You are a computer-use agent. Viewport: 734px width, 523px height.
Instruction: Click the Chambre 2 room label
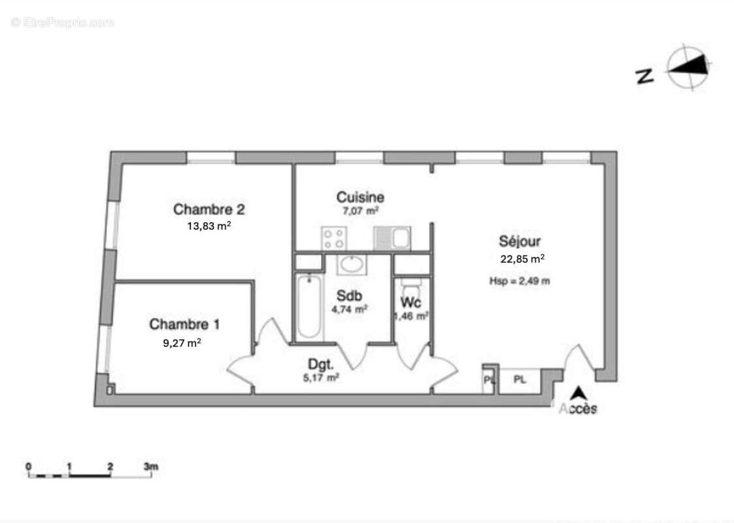pos(209,210)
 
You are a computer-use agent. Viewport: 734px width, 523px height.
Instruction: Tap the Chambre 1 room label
pos(184,324)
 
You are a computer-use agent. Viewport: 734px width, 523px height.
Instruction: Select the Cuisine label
pos(360,197)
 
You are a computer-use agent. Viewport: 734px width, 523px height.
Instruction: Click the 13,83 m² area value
pos(209,226)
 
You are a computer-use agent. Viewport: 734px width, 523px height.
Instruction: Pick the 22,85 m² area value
pos(522,258)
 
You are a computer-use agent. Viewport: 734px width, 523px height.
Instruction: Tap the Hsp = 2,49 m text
pos(520,281)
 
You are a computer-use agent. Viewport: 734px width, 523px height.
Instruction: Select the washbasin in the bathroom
pos(353,264)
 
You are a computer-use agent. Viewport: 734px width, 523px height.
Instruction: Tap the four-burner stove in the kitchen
pos(333,237)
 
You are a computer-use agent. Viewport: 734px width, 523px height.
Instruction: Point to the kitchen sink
pos(392,238)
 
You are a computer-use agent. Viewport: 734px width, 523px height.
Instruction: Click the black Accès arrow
pos(578,394)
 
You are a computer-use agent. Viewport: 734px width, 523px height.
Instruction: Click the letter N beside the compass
pos(644,76)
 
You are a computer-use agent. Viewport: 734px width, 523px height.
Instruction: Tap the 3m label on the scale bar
pos(151,466)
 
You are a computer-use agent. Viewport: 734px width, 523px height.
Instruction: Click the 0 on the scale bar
pos(29,466)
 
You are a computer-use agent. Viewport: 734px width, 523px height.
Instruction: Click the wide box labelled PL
pos(520,380)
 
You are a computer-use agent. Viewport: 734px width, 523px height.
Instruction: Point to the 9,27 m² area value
pos(182,341)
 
